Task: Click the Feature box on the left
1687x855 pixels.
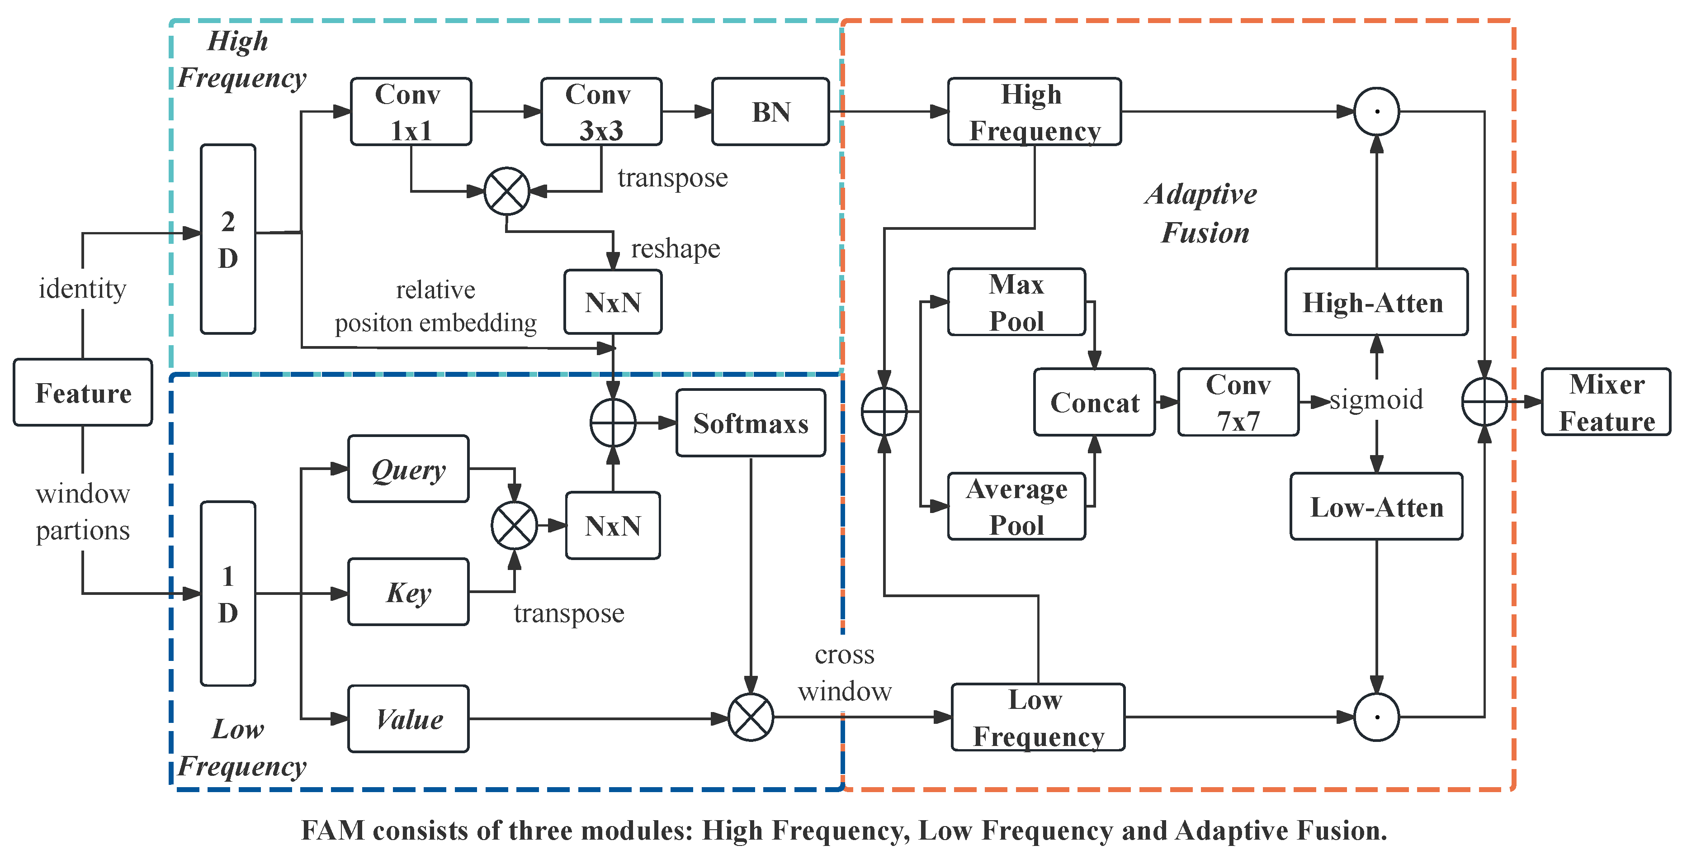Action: click(83, 393)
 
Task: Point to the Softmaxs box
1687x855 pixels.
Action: click(751, 423)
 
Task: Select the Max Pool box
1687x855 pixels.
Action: click(1016, 302)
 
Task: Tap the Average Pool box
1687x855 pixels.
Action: click(1016, 507)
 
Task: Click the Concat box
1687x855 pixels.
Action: click(1094, 402)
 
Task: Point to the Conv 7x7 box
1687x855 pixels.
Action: click(1238, 402)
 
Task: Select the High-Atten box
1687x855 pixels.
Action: click(1376, 302)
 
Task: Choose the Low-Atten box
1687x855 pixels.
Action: click(1376, 507)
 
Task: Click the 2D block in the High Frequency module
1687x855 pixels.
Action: click(228, 239)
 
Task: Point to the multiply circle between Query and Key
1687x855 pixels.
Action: click(515, 526)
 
